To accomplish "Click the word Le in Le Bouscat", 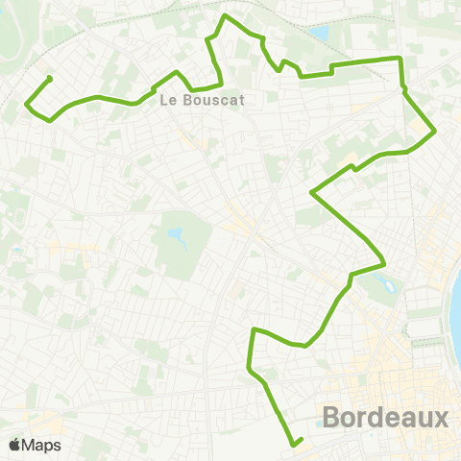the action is [x=167, y=98].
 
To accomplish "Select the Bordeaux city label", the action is [x=385, y=419].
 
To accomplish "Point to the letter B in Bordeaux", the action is [x=332, y=419].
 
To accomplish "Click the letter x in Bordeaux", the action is [x=440, y=419].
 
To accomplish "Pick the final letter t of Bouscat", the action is [x=241, y=98].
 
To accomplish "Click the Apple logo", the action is [x=14, y=446].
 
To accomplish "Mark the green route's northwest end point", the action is [x=48, y=78].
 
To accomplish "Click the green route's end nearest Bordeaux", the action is [x=296, y=444].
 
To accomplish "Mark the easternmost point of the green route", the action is [x=435, y=132].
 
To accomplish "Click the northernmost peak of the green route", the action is [x=226, y=16].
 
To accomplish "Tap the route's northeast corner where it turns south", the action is [x=400, y=59].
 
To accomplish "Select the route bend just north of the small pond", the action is [x=384, y=262].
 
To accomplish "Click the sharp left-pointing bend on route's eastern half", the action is [x=311, y=192].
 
